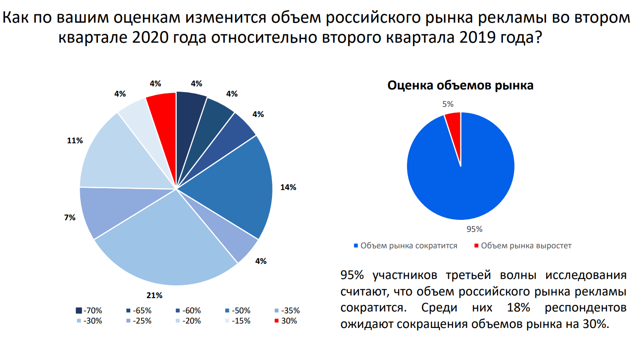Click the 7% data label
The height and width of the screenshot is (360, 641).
coord(69,218)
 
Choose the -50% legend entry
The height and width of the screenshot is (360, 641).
coord(238,311)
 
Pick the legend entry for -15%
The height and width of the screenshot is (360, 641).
coord(238,321)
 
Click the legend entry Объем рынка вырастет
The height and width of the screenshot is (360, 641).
coord(523,246)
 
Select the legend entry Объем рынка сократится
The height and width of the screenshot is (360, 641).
coord(405,246)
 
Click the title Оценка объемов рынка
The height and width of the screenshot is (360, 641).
coord(460,85)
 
